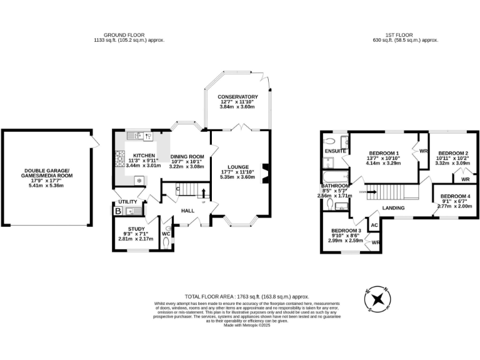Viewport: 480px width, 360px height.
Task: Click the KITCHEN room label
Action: [144, 155]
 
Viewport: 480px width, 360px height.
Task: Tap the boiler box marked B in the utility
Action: [118, 212]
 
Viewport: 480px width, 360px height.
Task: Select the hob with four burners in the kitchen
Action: [119, 161]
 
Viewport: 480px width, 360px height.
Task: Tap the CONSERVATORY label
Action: [238, 97]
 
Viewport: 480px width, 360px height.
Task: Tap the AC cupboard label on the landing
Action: [374, 224]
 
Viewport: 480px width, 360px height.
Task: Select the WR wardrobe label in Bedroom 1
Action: [423, 151]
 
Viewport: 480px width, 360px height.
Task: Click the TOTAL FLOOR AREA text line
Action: [247, 296]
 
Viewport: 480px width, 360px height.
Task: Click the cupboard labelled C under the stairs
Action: [178, 189]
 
